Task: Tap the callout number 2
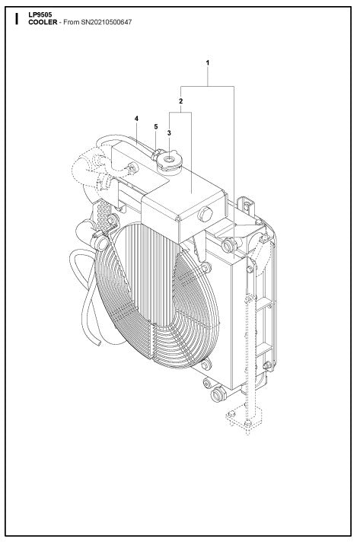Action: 180,100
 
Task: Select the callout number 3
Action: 168,132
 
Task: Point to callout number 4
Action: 136,119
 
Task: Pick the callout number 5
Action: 156,127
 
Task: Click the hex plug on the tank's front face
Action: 204,215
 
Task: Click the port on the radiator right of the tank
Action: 228,245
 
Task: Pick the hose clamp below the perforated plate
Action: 98,241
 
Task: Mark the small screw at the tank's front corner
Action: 178,222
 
